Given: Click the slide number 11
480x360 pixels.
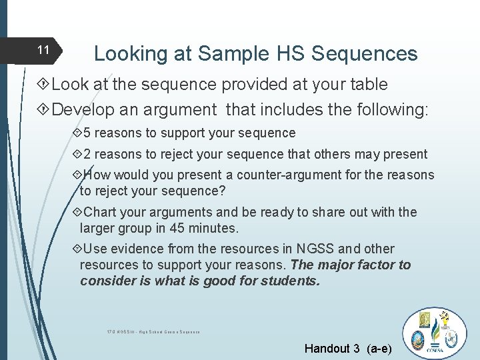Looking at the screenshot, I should coord(43,50).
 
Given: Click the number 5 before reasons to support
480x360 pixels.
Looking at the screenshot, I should coord(87,133).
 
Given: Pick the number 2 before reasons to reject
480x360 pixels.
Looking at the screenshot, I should coord(87,154).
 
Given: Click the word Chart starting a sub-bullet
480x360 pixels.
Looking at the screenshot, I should coord(102,213).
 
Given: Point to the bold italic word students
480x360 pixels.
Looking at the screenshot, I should coord(287,281).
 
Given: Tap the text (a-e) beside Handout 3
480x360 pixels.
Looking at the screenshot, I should coord(379,348).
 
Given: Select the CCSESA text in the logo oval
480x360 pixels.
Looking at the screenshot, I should coord(438,349).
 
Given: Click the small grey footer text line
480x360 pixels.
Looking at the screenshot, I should coord(153,331).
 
